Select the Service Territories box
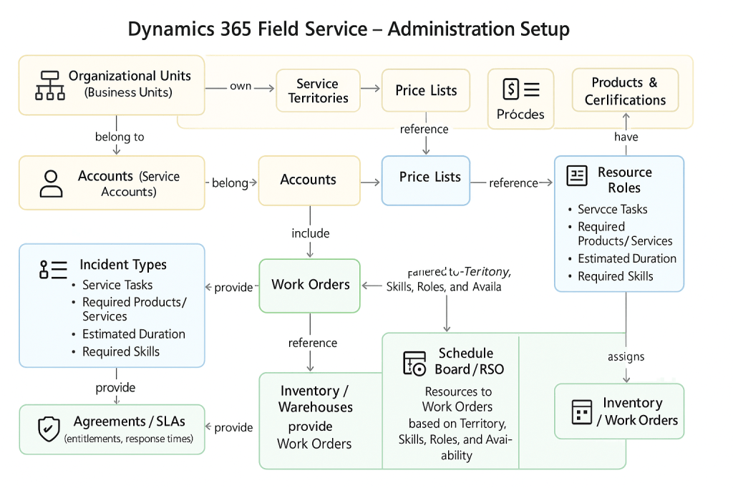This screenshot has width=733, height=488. point(317,91)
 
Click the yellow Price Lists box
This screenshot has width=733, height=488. point(426,90)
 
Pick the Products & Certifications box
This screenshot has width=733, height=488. point(624,91)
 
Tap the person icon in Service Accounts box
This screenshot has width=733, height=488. point(51,183)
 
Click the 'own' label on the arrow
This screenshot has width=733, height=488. point(241,86)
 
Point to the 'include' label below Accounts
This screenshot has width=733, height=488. point(310,233)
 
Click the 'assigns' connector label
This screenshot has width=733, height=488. point(626,356)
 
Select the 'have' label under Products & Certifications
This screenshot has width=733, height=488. point(626,137)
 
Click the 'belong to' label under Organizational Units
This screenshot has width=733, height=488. point(119,137)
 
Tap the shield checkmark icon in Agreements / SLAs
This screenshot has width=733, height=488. point(48,429)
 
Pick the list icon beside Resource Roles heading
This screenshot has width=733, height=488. point(576,176)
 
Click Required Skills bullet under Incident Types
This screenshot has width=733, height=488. point(120,351)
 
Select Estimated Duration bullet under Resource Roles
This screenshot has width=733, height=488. point(627,258)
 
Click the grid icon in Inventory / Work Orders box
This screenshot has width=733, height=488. point(581,411)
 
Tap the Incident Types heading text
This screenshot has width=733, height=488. point(123,265)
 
